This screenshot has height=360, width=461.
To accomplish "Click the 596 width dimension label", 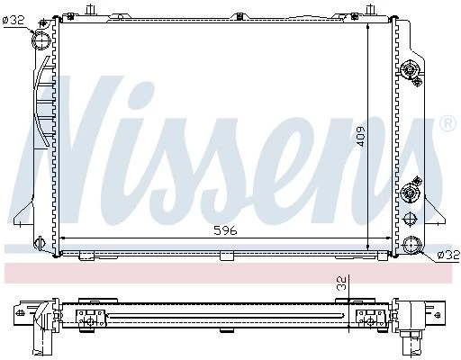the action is (225, 230).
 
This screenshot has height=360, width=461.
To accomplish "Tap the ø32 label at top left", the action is (13, 21).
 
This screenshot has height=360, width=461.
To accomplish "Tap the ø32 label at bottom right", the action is (448, 255).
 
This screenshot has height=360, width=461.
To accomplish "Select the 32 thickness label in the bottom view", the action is (342, 283).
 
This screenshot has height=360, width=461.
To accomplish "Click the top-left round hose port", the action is (41, 40).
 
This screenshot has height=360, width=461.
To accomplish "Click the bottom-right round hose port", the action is (411, 245).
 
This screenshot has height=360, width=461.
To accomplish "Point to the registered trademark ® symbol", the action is (448, 123).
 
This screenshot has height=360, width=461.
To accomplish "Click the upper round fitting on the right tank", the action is (409, 70).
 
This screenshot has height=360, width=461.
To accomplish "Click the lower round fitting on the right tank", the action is (409, 192).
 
